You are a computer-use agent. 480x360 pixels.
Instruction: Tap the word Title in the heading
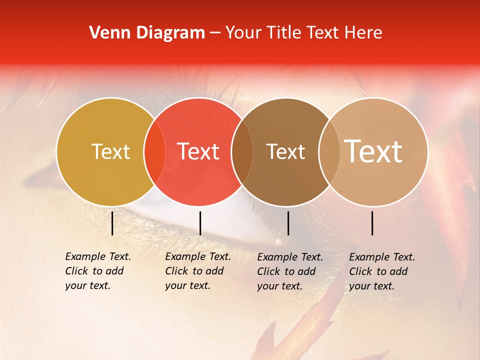point(283,33)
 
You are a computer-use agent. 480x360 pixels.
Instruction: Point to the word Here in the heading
point(363,33)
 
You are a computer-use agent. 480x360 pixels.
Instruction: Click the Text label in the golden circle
point(110,152)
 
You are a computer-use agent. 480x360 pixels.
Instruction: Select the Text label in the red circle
point(198,152)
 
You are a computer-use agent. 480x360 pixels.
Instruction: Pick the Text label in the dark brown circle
point(286,152)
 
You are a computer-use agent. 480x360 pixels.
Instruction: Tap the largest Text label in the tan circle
point(373,151)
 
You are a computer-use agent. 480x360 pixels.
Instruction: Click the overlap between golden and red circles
point(154,152)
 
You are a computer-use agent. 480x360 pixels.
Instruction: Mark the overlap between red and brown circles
point(242,152)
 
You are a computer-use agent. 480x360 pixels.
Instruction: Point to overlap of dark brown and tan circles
point(328,152)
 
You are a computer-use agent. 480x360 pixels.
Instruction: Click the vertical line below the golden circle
point(112,223)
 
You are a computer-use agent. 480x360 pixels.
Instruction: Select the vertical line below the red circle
point(200,223)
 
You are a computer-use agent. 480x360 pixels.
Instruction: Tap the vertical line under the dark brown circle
point(288,223)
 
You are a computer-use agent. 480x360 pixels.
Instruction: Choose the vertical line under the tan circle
point(372,223)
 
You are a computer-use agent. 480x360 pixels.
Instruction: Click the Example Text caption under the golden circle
point(98,271)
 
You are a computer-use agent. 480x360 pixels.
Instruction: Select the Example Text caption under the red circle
point(198,271)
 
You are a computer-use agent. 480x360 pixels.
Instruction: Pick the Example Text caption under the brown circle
point(290,271)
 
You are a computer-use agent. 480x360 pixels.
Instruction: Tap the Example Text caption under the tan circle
point(382,271)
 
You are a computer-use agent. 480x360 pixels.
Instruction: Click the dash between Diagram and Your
point(215,33)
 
